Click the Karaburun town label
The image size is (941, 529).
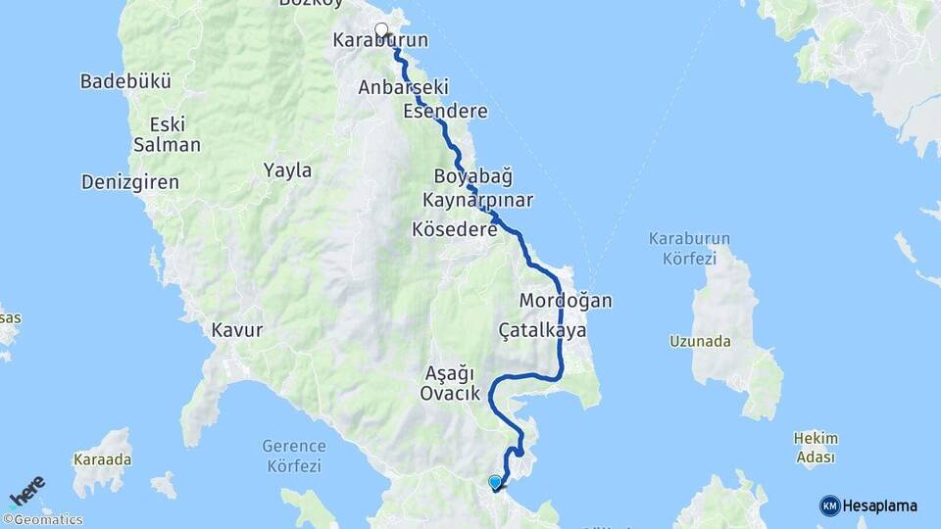(x=380, y=40)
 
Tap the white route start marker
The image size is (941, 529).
(x=381, y=29)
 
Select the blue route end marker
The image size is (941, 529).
(x=495, y=482)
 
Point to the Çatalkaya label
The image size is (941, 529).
(x=542, y=330)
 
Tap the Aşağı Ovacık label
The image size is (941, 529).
(x=450, y=383)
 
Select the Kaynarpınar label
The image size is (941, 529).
(x=477, y=200)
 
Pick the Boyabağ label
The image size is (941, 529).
(x=473, y=176)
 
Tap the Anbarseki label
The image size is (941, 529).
(x=397, y=87)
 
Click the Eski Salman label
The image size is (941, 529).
(x=167, y=134)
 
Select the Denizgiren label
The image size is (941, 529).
(x=130, y=181)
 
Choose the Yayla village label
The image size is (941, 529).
(x=287, y=170)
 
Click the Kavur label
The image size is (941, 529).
(x=237, y=330)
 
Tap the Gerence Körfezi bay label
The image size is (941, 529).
(x=294, y=455)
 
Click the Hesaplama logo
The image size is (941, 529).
(x=868, y=505)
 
